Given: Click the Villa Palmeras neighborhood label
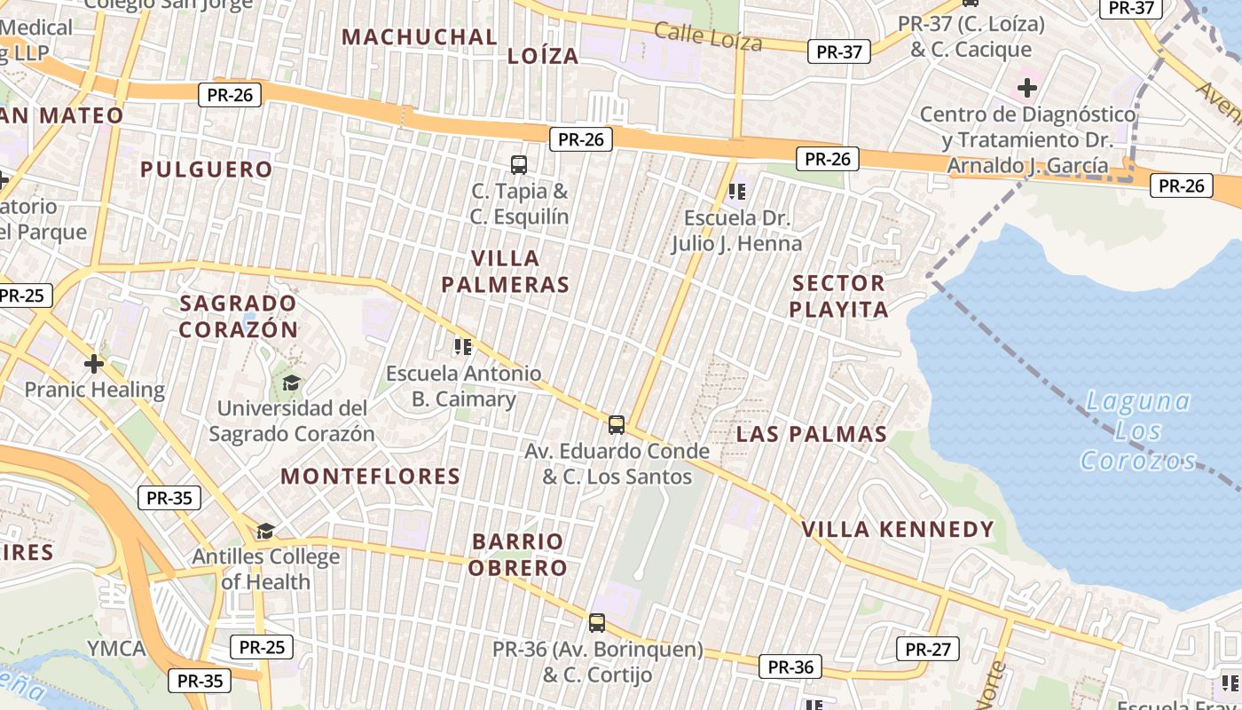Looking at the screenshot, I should click(505, 272).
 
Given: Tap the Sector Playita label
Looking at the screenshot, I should click(838, 296).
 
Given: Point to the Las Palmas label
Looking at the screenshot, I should click(812, 434).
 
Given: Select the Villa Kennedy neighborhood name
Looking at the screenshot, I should click(898, 530).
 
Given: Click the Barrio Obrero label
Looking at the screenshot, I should click(518, 555).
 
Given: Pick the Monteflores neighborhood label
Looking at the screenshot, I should click(371, 477).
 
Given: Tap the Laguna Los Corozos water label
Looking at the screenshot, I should click(1139, 431).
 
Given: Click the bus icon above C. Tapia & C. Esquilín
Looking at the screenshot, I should click(519, 164).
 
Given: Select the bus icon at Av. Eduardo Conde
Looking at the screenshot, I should click(617, 424).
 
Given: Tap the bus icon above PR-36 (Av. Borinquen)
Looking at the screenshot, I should click(597, 623).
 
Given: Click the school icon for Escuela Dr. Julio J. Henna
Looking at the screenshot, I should click(736, 191).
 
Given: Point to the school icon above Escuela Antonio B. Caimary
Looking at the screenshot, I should click(462, 346).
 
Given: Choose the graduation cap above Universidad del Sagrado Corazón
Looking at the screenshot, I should click(291, 383).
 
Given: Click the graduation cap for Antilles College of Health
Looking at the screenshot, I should click(265, 531).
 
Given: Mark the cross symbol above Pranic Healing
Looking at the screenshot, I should click(94, 364).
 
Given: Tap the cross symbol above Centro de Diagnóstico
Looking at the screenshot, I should click(1027, 88).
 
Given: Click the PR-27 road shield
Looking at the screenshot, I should click(928, 649).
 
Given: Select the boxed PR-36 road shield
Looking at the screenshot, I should click(790, 667).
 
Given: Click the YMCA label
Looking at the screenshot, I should click(116, 648).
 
